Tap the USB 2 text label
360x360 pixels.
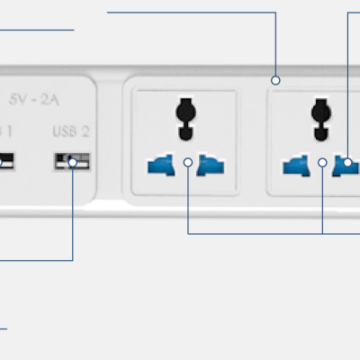point(71,131)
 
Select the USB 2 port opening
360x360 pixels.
point(73,162)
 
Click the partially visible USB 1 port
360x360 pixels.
point(6,162)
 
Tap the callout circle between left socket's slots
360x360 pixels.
point(187,163)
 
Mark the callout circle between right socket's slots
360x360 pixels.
point(322,163)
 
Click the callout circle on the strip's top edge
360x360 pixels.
point(276,80)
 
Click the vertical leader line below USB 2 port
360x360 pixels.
point(73,216)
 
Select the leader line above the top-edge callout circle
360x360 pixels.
point(276,45)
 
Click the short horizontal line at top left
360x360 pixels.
point(36,30)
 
